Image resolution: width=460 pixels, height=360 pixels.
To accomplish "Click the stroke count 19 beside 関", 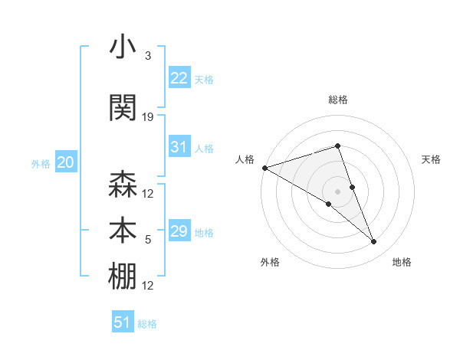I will pos(148,117).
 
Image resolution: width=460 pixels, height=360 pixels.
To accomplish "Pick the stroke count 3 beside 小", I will pos(147,56).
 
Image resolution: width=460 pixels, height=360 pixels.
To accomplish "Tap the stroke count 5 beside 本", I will pos(148,241).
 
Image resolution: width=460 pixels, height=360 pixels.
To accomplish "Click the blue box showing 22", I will pos(179,77).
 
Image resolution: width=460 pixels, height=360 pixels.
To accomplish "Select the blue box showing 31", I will pos(179,147).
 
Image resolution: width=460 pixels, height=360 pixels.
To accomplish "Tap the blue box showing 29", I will pos(179,231).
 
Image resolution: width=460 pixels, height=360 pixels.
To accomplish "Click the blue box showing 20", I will pos(65,162).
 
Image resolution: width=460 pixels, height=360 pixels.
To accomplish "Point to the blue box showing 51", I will pos(123,322).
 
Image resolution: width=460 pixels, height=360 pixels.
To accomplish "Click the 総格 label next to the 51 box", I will pos(147,324).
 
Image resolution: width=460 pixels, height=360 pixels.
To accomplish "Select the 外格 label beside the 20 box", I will pos(41,164).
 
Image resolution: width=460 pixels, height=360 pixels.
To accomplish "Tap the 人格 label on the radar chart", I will pos(245,159).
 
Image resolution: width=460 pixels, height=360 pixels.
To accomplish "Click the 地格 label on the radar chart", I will pos(402,263).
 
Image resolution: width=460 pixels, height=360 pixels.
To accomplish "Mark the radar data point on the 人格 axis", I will pos(264,168).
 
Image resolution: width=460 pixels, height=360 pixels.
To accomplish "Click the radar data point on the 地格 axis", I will pos(373,242).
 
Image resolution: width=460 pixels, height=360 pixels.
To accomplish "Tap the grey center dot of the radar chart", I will pos(337,191).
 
